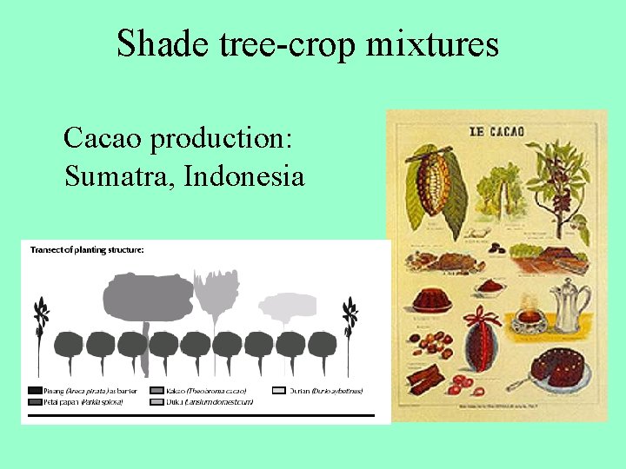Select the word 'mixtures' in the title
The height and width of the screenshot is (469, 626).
[x=432, y=43]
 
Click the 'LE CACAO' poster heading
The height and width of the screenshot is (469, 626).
[x=496, y=132]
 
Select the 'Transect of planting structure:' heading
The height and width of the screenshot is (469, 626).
[x=87, y=250]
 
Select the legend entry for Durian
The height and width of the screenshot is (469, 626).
[x=317, y=391]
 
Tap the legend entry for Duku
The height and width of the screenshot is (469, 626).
[x=200, y=402]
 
